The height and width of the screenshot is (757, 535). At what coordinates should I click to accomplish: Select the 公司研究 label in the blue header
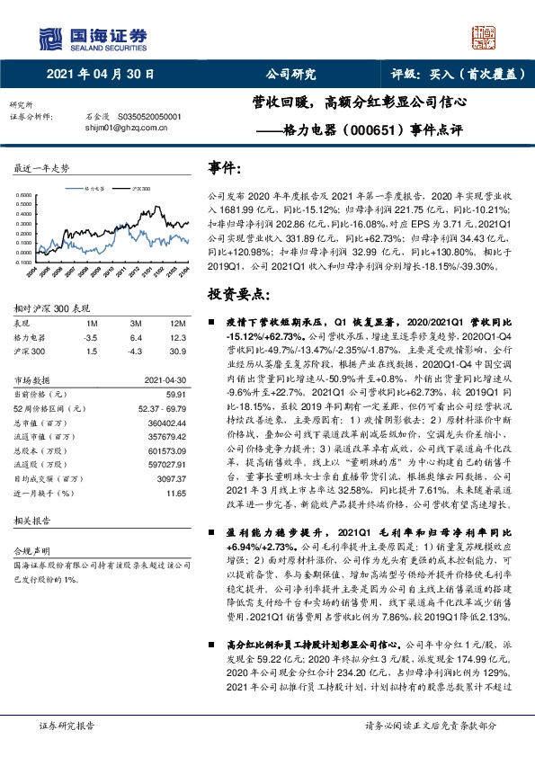290,76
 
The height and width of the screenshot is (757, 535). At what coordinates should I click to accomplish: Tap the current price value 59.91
175,395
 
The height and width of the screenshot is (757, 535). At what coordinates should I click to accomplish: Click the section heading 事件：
224,168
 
